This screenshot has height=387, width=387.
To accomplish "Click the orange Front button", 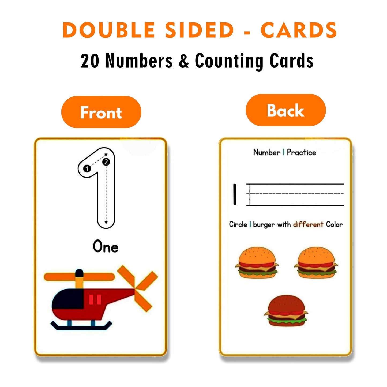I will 101,112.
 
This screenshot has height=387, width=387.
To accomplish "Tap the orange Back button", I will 285,110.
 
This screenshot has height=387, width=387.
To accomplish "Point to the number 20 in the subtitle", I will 90,61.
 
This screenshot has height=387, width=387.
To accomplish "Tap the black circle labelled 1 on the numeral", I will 87,168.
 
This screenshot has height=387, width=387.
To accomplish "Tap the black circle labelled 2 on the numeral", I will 106,162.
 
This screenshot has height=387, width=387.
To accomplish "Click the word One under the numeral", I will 106,247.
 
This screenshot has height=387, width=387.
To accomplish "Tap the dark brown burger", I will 286,311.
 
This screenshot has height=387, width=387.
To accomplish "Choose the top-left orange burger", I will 257,263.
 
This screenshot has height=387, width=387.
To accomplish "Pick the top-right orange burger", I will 316,263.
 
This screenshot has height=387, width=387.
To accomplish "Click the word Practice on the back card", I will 301,152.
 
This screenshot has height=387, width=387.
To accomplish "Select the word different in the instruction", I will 308,224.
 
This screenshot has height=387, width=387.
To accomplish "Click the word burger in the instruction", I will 264,224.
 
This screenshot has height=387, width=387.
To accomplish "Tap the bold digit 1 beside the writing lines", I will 235,194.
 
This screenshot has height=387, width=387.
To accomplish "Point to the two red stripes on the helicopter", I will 95,299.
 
